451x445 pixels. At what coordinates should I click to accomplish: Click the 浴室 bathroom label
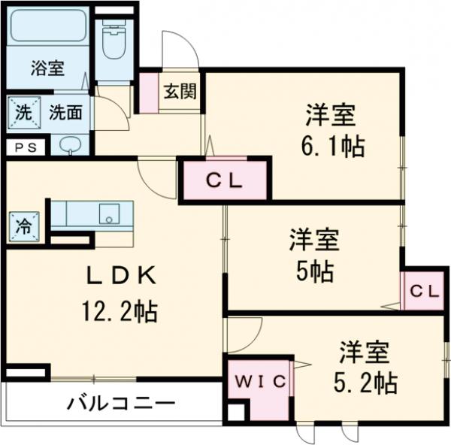point(47,68)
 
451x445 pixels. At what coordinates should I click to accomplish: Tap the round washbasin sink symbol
point(71,146)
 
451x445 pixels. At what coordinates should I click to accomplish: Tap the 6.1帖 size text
point(334,146)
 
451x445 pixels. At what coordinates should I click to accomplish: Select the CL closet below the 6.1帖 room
point(223,181)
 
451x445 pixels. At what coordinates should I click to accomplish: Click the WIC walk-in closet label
point(258,382)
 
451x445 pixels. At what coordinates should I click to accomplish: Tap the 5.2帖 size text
point(366,383)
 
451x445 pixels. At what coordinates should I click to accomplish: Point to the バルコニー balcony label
point(120,404)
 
